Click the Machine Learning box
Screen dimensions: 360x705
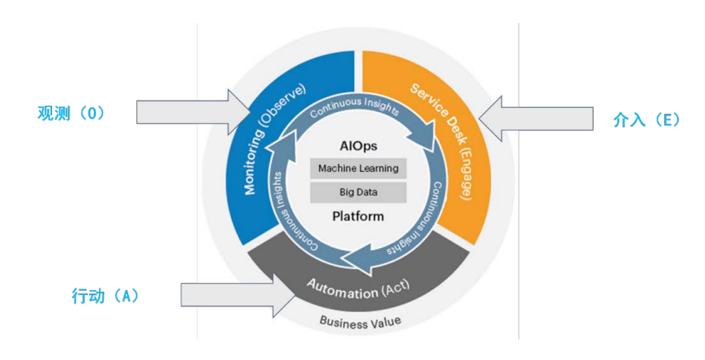click(358, 168)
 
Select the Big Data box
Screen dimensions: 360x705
click(358, 192)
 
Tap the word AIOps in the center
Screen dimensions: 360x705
click(358, 146)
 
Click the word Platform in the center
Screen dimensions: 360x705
click(358, 216)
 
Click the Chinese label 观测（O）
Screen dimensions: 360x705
click(71, 114)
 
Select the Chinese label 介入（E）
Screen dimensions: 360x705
click(647, 121)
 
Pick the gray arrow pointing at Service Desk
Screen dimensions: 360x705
click(535, 120)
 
